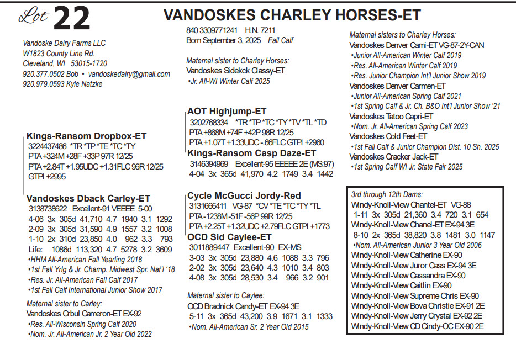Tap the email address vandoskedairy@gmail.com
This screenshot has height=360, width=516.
pos(129,74)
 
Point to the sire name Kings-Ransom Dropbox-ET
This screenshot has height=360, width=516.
pos(86,136)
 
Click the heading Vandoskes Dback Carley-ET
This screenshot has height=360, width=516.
pos(88,199)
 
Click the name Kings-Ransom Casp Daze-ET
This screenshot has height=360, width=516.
pos(252,153)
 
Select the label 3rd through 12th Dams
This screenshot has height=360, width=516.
pos(387,195)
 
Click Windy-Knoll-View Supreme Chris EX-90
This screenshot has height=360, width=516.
pos(415,296)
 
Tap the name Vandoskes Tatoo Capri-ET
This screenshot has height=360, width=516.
pos(391,117)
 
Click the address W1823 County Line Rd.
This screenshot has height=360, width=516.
pos(59,54)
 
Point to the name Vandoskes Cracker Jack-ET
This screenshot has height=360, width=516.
pos(392,157)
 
